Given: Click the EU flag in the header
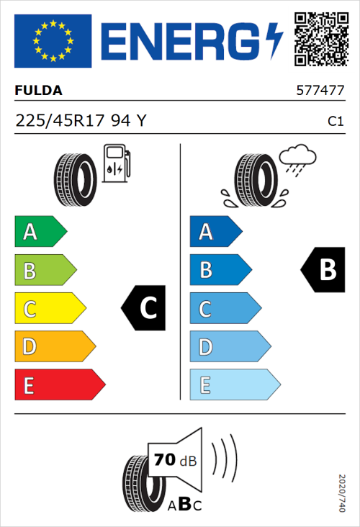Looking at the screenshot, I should click(x=53, y=40).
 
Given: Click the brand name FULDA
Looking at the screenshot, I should click(x=39, y=91).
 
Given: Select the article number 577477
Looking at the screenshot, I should click(x=320, y=91).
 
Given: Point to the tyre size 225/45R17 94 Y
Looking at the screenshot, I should click(x=81, y=122).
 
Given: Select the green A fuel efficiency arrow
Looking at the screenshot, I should click(x=40, y=232).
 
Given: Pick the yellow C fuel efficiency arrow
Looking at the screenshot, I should click(x=50, y=309).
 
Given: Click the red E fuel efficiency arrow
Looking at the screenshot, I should click(x=59, y=385).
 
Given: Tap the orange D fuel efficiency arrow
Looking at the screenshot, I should click(x=54, y=347).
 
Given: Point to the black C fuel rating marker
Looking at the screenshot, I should click(x=144, y=308).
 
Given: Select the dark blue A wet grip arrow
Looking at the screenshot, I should click(x=215, y=232).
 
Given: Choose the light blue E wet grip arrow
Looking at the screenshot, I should click(x=234, y=385).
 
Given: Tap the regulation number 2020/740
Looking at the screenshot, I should click(x=342, y=492).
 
